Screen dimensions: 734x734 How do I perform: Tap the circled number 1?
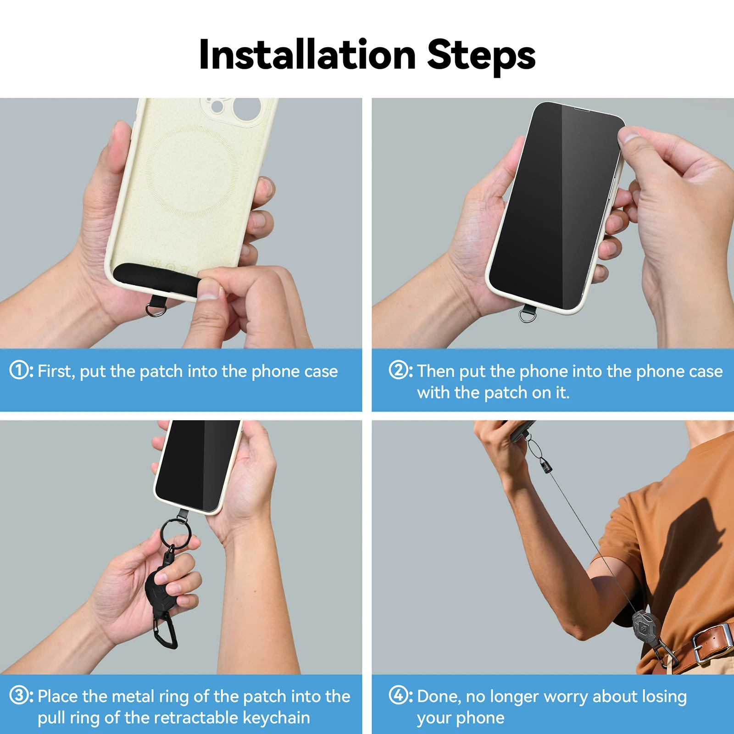pyautogui.click(x=19, y=370)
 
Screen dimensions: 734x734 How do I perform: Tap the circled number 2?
pyautogui.click(x=398, y=370)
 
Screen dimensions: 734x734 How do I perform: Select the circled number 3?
pyautogui.click(x=19, y=695)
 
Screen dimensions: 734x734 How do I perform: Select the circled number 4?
pyautogui.click(x=398, y=695)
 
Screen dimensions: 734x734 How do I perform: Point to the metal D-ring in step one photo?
pyautogui.click(x=156, y=311)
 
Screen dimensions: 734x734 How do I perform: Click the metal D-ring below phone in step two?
pyautogui.click(x=527, y=316)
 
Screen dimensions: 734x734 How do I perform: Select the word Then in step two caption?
pyautogui.click(x=436, y=371)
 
